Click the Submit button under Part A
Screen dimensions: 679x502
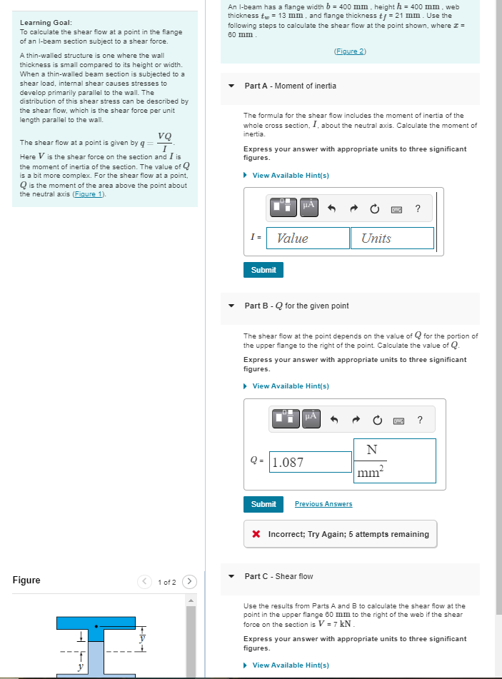point(263,270)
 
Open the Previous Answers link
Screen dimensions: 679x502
point(323,504)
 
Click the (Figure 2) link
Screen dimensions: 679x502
point(350,51)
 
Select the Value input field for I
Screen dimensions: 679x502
point(308,238)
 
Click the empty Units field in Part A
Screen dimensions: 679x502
point(392,238)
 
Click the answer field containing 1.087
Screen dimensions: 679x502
point(310,462)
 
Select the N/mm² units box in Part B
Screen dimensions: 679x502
point(394,461)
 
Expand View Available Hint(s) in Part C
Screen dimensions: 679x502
point(290,665)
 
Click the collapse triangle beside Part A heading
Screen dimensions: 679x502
point(231,86)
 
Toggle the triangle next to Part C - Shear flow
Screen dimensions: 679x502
point(231,576)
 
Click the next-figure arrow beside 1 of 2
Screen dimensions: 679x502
point(190,581)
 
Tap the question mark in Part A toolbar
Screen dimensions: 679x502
point(418,208)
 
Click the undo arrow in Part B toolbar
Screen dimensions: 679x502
point(331,419)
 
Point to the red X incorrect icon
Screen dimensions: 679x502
point(257,534)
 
